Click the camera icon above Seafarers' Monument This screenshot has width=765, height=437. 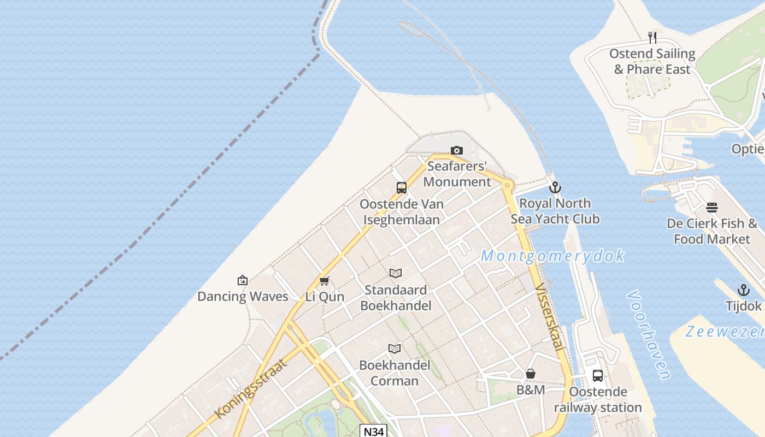[x=457, y=150]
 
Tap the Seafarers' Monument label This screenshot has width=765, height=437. [x=457, y=174]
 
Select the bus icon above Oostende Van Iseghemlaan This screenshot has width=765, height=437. [x=402, y=188]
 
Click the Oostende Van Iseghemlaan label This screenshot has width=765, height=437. [x=402, y=212]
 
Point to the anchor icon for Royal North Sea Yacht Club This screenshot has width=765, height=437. [x=555, y=187]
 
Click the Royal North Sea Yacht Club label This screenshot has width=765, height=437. [x=555, y=211]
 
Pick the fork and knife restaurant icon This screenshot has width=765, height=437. [x=652, y=37]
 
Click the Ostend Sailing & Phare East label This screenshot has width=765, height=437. [x=652, y=61]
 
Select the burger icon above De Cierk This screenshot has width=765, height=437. [x=711, y=208]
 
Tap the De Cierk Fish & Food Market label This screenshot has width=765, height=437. [x=712, y=232]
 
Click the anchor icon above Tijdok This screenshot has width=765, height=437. [x=744, y=290]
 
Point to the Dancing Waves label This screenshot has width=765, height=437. [x=243, y=297]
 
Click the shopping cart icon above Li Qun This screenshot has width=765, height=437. [x=325, y=281]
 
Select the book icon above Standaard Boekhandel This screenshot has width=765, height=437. [x=396, y=273]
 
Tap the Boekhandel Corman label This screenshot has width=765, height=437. [x=395, y=373]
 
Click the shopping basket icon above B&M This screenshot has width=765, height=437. [x=531, y=374]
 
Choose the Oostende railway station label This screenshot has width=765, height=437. [x=598, y=400]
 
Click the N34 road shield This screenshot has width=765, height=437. [x=374, y=432]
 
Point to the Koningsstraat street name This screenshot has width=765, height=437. [x=251, y=389]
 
